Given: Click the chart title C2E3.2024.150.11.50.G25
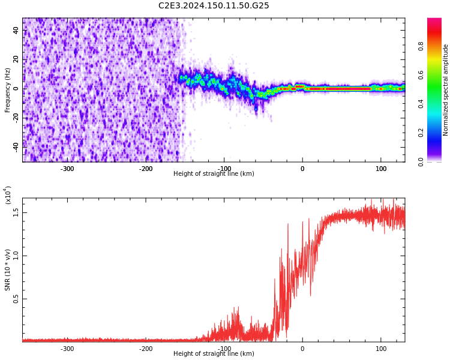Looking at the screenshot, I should pyautogui.click(x=214, y=6).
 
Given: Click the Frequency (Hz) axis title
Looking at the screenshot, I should pyautogui.click(x=8, y=90).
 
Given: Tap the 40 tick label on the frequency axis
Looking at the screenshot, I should pyautogui.click(x=17, y=31).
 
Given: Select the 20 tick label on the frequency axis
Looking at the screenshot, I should pyautogui.click(x=17, y=59).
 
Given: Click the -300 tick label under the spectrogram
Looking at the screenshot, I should pyautogui.click(x=67, y=169).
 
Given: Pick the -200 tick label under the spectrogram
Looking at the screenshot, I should pyautogui.click(x=146, y=169).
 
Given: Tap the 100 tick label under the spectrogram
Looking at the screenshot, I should pyautogui.click(x=381, y=169).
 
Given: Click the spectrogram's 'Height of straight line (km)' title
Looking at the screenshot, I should pyautogui.click(x=214, y=174).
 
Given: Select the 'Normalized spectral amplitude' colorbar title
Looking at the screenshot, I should pyautogui.click(x=446, y=90).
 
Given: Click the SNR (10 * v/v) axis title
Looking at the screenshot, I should pyautogui.click(x=8, y=270).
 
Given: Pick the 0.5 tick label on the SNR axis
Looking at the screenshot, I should pyautogui.click(x=16, y=299).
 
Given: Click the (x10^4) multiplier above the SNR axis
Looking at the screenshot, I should pyautogui.click(x=8, y=195).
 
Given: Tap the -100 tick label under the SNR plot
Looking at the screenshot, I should pyautogui.click(x=224, y=349).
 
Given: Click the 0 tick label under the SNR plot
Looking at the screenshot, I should pyautogui.click(x=302, y=349).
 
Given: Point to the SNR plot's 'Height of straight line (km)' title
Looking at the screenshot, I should pyautogui.click(x=214, y=354).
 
